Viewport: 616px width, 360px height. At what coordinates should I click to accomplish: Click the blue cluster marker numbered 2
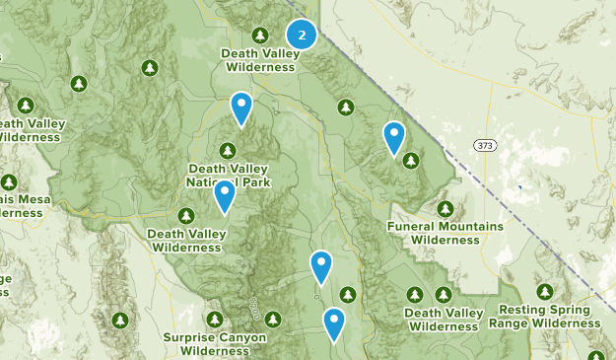302,36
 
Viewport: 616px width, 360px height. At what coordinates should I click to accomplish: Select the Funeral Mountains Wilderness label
445,232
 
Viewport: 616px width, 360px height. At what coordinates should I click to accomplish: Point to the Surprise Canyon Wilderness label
215,343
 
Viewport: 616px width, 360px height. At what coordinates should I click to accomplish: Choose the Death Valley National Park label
228,176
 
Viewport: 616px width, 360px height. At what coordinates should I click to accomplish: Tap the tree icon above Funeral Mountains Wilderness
445,209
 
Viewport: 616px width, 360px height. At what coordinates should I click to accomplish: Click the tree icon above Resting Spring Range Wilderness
546,293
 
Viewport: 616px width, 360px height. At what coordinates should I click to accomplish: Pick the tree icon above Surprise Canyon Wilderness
216,320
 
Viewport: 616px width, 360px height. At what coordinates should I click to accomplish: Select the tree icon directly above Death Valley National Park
228,151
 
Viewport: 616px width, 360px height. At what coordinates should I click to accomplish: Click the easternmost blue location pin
394,137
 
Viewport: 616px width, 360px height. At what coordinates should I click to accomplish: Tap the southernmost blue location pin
335,324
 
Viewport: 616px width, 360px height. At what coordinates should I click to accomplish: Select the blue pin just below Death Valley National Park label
225,196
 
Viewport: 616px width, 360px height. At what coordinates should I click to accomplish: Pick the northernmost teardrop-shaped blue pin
240,108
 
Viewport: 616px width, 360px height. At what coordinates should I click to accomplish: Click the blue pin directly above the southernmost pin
320,266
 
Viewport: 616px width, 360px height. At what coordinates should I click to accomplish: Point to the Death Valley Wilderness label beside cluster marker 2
260,60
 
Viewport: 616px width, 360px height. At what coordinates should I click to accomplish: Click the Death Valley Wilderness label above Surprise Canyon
185,240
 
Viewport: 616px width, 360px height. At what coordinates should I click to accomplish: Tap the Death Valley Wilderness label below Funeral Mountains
444,319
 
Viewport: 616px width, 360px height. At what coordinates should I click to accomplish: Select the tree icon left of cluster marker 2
260,35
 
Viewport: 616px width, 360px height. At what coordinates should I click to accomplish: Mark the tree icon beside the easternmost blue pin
411,160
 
